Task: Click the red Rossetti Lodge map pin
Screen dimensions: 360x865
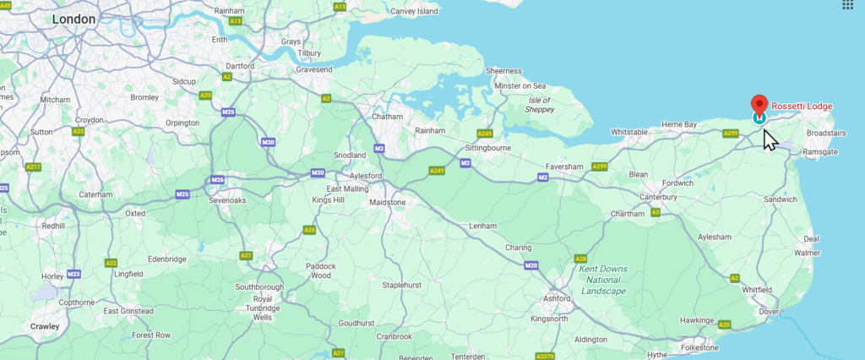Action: tap(759, 106)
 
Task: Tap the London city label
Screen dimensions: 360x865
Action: tap(73, 19)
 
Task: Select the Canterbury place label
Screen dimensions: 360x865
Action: tap(658, 198)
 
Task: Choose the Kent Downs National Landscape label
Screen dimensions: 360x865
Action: tap(603, 280)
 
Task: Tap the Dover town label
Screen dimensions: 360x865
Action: tap(768, 312)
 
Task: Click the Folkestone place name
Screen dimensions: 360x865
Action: tap(699, 347)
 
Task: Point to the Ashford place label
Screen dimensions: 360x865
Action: tap(558, 298)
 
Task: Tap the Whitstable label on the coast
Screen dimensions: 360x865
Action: tap(629, 133)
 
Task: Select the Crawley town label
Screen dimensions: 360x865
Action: tap(45, 325)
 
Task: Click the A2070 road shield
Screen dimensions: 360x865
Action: tap(546, 356)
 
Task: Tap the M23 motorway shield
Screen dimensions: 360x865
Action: tap(74, 274)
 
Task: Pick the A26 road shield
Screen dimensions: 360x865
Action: tap(310, 230)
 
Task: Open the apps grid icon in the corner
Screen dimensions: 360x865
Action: tap(848, 4)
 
